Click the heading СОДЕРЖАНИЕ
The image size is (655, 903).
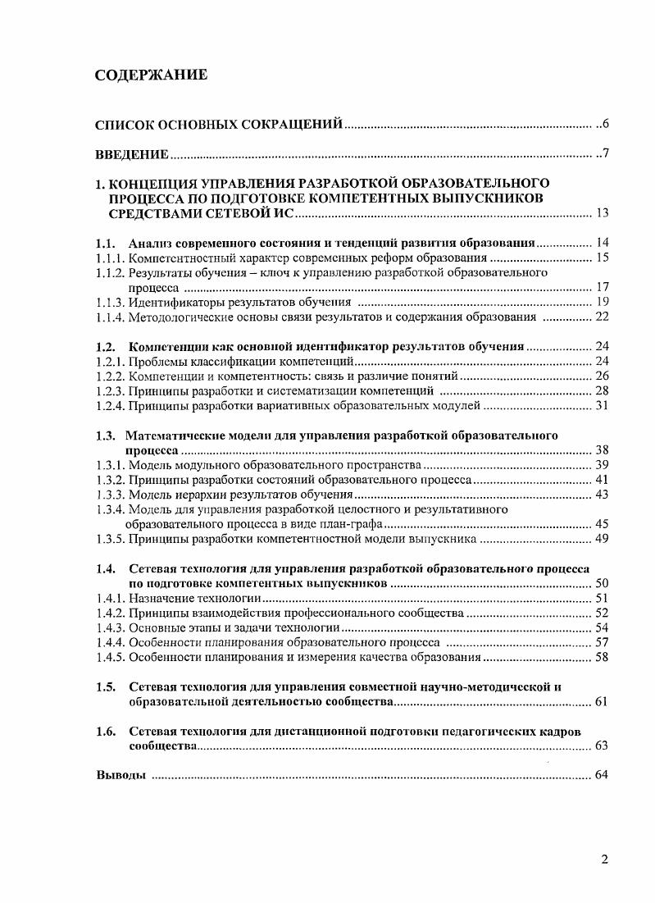[151, 75]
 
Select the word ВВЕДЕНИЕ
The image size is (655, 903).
[132, 154]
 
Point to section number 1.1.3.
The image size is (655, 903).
[111, 303]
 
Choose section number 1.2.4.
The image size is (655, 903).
[111, 405]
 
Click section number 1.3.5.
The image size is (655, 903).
[111, 539]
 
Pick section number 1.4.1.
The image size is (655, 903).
[111, 598]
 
